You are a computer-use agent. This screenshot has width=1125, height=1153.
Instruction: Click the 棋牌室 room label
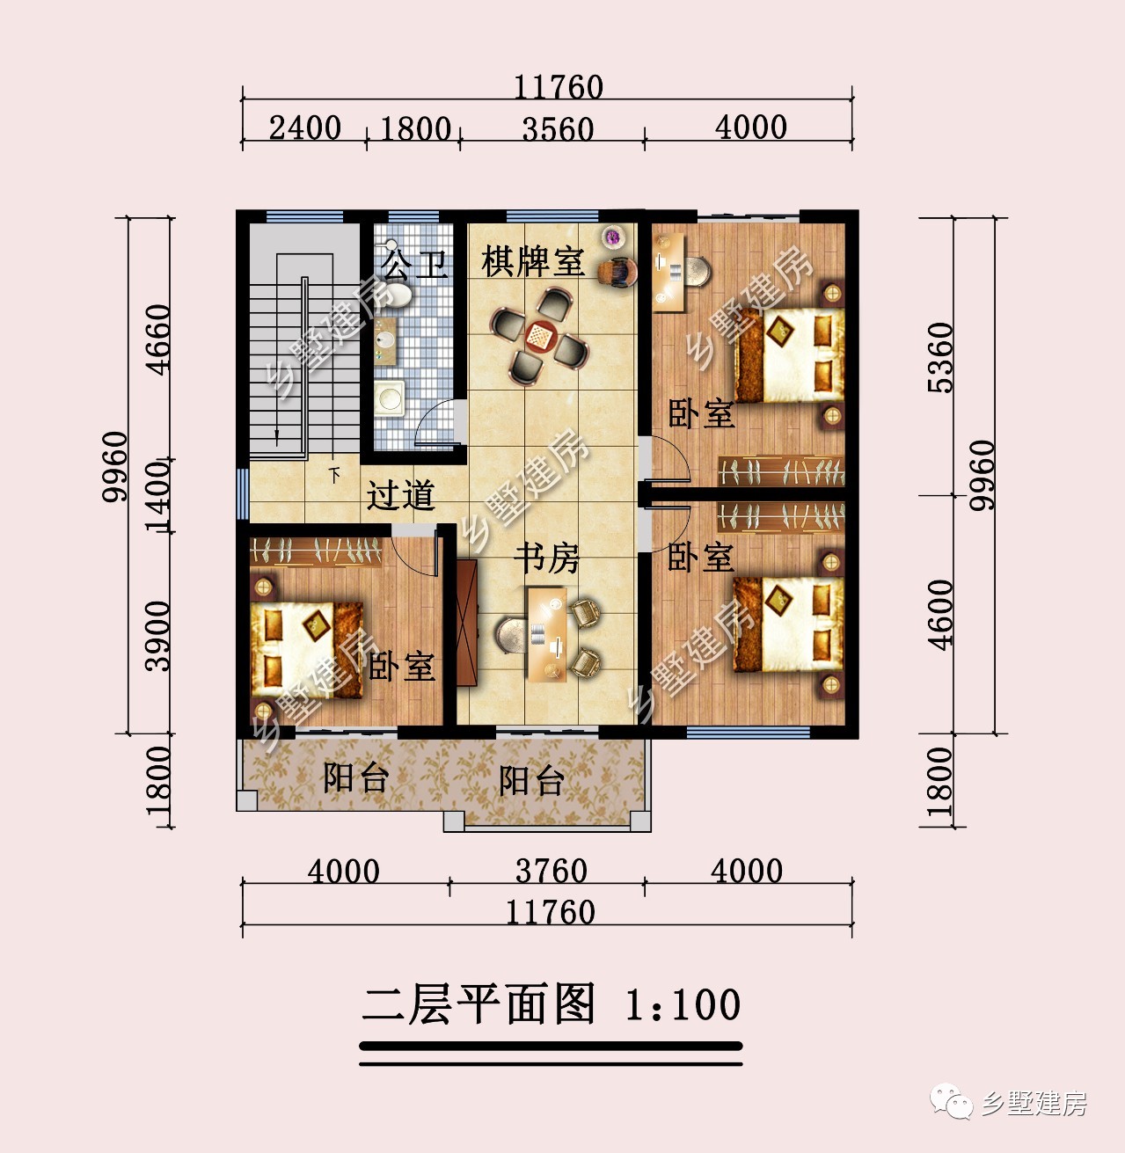[x=533, y=261]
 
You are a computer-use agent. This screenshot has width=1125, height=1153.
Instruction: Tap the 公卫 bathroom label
[x=414, y=263]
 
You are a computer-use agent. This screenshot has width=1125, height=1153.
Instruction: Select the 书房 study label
[x=547, y=558]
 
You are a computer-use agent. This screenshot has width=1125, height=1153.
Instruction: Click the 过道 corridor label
[x=401, y=495]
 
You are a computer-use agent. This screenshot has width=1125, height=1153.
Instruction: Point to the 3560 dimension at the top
[x=558, y=129]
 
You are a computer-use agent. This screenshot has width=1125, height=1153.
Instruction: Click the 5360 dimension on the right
[x=940, y=357]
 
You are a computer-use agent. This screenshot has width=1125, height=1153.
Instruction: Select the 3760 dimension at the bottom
[x=551, y=871]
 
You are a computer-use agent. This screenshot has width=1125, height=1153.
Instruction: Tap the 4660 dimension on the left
[x=157, y=339]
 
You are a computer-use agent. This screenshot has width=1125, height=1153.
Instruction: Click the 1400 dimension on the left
[x=158, y=497]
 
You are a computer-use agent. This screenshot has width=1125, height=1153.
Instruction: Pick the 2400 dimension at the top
[x=305, y=128]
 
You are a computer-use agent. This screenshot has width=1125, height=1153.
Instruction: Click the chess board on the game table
[x=538, y=335]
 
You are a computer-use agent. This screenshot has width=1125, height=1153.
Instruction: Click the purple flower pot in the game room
[x=612, y=236]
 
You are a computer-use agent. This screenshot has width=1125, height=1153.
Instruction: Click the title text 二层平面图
[x=479, y=1004]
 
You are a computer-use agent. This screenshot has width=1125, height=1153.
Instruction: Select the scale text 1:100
[x=683, y=1005]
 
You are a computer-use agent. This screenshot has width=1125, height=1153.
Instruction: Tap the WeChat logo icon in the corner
[x=953, y=1101]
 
